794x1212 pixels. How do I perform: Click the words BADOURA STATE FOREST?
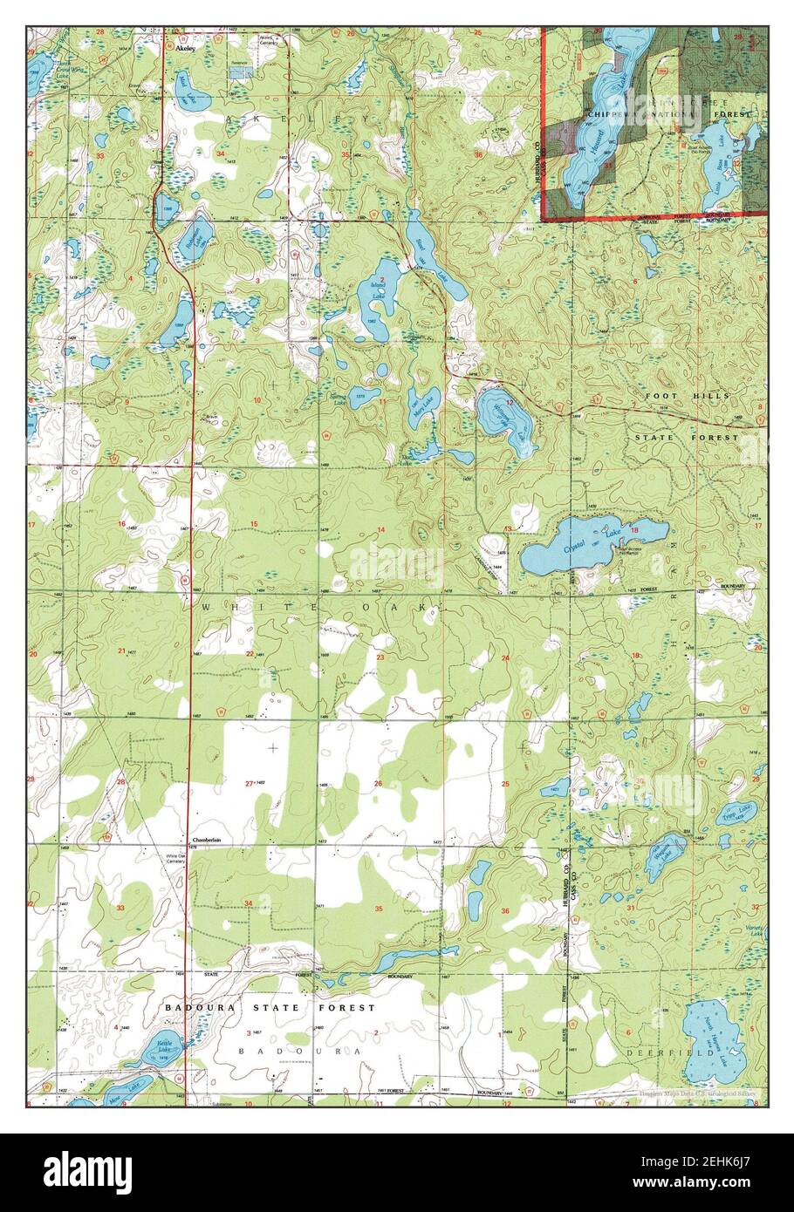pyautogui.click(x=270, y=1007)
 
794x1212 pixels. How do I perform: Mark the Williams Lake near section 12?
pyautogui.click(x=499, y=415)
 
